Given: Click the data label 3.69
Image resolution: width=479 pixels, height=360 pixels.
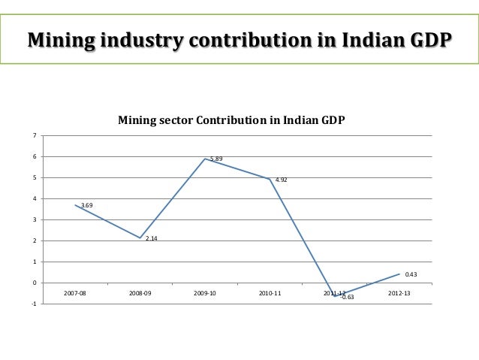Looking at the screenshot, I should (x=86, y=205).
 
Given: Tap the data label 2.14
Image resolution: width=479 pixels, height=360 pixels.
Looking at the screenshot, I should (x=151, y=239).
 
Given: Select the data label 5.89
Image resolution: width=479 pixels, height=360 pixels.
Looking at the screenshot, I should (x=215, y=159).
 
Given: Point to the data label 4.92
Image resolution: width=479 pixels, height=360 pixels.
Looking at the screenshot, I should (x=281, y=180).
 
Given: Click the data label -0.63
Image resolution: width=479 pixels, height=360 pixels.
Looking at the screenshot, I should (x=348, y=298).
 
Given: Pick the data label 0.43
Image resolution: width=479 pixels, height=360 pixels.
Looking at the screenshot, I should (x=411, y=274).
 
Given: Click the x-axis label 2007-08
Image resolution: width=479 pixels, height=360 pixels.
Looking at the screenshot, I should (x=75, y=293).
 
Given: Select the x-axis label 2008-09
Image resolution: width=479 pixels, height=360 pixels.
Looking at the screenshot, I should (x=140, y=293).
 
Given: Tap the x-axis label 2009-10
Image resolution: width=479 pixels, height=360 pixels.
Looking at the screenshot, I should (x=205, y=293).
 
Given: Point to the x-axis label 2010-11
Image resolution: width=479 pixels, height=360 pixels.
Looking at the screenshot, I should (x=270, y=293).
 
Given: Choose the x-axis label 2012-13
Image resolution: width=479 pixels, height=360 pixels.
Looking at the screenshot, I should (x=399, y=293).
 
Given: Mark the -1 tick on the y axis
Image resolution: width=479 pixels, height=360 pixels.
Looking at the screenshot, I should (x=33, y=304).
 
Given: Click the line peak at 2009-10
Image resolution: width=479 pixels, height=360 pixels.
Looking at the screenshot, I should (x=205, y=159).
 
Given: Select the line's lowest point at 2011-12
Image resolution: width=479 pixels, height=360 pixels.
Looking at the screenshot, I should (x=335, y=296).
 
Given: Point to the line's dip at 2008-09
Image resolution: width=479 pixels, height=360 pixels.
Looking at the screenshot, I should (x=140, y=237).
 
